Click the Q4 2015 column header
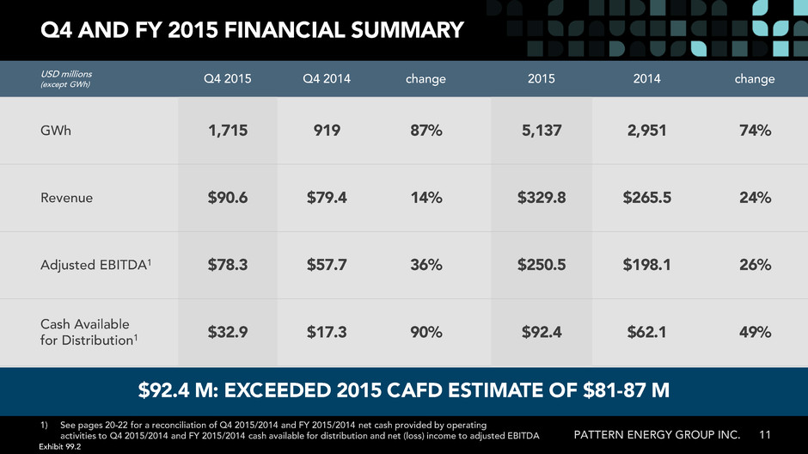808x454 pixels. [227, 79]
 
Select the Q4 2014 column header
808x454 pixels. [326, 79]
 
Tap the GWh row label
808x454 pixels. [56, 131]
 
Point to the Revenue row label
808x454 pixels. [66, 198]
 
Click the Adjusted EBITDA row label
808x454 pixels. [96, 265]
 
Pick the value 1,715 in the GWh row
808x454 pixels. [228, 131]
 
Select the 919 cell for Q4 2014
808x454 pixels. [327, 131]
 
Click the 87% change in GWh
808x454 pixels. [426, 131]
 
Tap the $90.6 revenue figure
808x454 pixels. [228, 198]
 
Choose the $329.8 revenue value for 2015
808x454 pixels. [542, 198]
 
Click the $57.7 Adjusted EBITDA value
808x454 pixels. [327, 265]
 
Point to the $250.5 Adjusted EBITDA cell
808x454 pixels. [542, 265]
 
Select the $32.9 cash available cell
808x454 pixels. [228, 332]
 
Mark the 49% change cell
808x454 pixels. [755, 332]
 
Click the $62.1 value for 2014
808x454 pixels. [646, 332]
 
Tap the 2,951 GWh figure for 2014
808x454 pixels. [646, 131]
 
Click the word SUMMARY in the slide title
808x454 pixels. [407, 30]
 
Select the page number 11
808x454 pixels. [765, 435]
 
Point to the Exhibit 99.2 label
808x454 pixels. [60, 447]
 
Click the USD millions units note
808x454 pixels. [66, 74]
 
